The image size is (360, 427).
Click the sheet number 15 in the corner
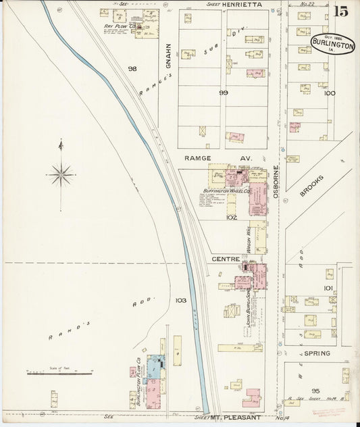(x=340, y=11)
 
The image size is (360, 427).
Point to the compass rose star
(x=61, y=174)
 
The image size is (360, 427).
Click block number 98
(x=132, y=69)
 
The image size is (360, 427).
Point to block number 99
(x=223, y=92)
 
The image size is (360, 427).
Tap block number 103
(x=181, y=300)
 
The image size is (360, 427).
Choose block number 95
(x=315, y=391)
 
